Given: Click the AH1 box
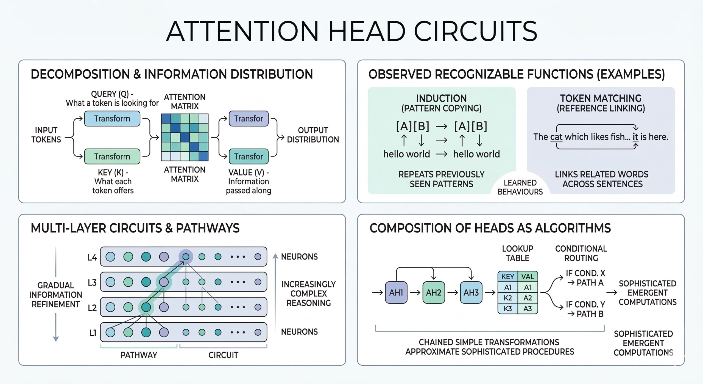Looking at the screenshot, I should (396, 292).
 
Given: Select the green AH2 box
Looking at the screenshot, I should (433, 292).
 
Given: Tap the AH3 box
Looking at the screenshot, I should (471, 292).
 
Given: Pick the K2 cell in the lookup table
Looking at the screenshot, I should (507, 298).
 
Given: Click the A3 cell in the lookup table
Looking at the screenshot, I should (528, 309).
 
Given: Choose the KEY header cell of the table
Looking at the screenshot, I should (507, 276).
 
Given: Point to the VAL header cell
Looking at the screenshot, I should (528, 276).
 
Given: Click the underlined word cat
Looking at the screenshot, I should (556, 137).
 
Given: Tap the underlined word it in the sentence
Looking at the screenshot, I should (635, 137).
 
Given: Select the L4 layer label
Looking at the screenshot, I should (92, 257).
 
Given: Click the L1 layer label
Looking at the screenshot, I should (93, 333).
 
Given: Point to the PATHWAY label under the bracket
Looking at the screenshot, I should (139, 355).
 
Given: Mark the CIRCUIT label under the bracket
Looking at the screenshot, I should (223, 355).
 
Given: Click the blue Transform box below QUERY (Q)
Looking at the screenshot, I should (112, 119).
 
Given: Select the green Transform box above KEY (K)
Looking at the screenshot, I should (112, 157).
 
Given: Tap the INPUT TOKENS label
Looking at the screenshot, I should (46, 135).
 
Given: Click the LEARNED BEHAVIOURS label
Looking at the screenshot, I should (520, 187).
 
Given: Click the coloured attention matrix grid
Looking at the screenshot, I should (185, 137).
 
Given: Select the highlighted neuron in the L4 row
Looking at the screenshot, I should (186, 257).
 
